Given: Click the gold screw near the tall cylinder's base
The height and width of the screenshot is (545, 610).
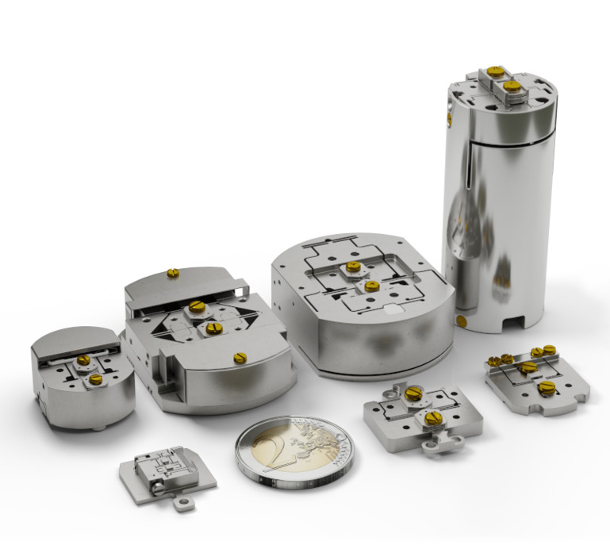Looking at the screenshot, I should (x=461, y=321).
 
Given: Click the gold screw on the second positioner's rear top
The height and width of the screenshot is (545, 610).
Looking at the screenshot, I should (x=172, y=274).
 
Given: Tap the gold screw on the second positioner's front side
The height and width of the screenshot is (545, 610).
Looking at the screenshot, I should (x=240, y=358).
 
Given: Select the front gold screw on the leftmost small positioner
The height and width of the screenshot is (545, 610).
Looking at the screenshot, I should (x=95, y=379).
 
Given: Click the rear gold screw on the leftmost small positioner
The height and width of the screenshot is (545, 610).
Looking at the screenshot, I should (x=83, y=360).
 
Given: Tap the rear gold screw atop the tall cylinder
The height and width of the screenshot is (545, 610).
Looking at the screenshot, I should (x=495, y=71).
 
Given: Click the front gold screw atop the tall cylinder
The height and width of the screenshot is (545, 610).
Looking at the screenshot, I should (x=512, y=85).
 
